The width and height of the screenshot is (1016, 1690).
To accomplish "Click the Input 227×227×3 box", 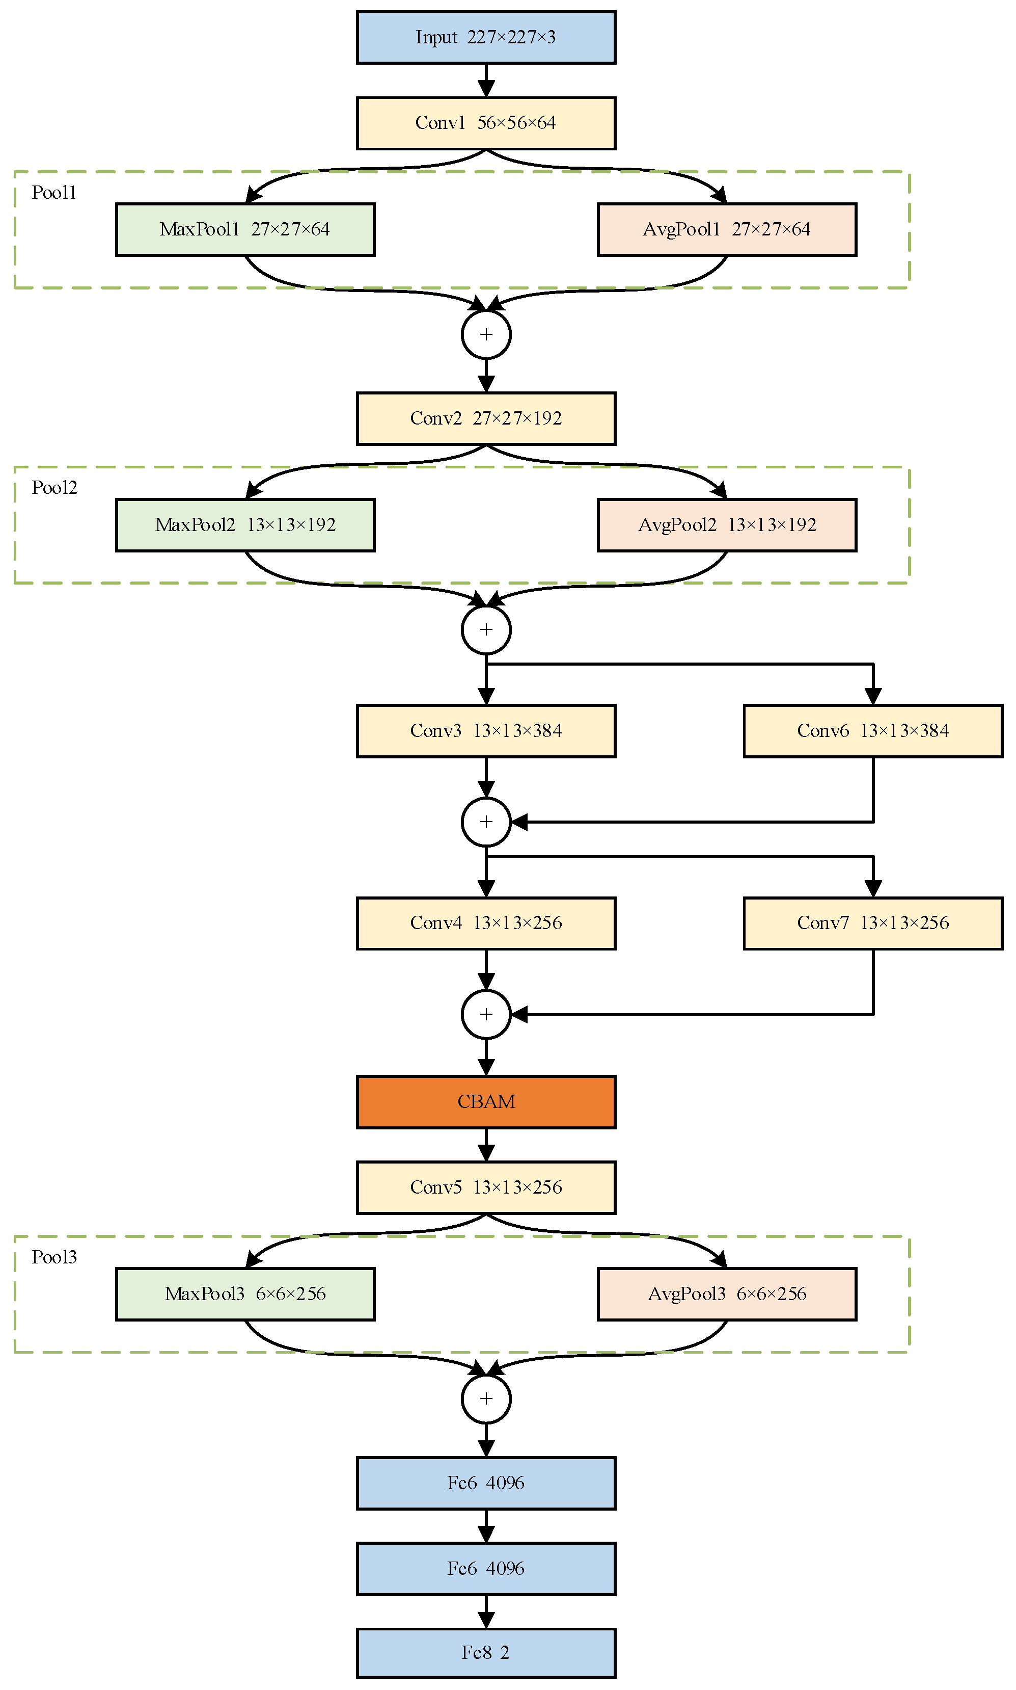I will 485,38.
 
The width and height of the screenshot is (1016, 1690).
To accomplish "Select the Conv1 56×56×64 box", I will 485,123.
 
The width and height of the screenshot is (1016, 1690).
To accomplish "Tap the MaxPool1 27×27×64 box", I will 245,229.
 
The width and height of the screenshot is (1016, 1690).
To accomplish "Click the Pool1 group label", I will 54,193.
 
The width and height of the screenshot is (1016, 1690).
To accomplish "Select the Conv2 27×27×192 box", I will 485,418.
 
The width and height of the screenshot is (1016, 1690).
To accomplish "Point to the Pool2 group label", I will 54,488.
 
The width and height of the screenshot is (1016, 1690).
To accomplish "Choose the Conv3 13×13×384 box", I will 485,730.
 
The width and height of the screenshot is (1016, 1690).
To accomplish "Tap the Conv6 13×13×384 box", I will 872,730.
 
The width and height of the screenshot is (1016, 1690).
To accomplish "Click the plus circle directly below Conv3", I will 485,822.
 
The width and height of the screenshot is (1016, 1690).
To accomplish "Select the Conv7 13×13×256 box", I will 872,923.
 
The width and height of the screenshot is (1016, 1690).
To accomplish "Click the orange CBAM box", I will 485,1101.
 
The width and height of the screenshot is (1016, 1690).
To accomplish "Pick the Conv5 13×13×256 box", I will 485,1187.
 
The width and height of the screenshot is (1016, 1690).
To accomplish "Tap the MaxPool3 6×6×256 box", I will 245,1294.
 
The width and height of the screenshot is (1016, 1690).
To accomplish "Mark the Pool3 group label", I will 54,1257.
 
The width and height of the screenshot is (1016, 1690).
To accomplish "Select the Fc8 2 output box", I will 485,1653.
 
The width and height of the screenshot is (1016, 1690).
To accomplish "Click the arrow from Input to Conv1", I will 485,80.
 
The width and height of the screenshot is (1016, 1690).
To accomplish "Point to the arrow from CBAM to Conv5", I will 485,1145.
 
